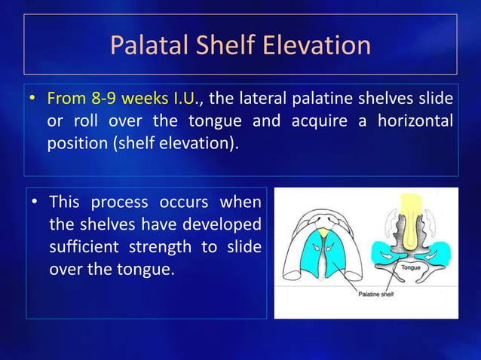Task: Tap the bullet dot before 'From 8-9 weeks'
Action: [x=33, y=99]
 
